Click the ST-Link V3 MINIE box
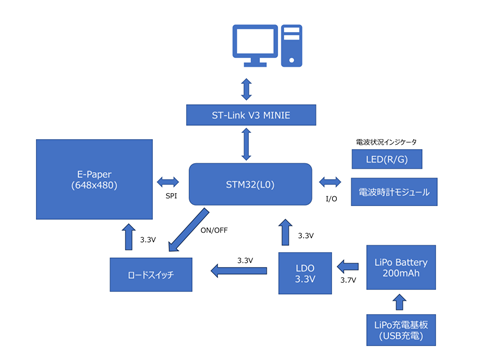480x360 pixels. click(251, 115)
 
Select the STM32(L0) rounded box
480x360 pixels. click(250, 184)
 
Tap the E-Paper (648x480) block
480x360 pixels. click(94, 179)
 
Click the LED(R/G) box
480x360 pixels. click(387, 159)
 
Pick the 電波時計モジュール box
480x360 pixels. click(394, 192)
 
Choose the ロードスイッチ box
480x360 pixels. click(151, 275)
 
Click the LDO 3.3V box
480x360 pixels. click(305, 273)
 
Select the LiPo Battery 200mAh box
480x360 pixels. click(401, 267)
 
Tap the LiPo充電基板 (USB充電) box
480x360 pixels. click(401, 330)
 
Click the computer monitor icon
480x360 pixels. click(255, 45)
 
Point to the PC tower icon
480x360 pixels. click(292, 46)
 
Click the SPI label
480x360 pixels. click(171, 196)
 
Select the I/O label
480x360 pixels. click(331, 199)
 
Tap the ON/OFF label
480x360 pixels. click(214, 230)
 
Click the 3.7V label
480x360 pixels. click(348, 280)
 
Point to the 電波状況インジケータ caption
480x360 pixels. click(386, 142)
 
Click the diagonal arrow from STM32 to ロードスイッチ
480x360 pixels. click(189, 230)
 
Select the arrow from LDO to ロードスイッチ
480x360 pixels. click(239, 271)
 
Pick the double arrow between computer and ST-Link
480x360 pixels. click(246, 89)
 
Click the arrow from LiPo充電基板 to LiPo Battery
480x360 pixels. click(399, 302)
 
